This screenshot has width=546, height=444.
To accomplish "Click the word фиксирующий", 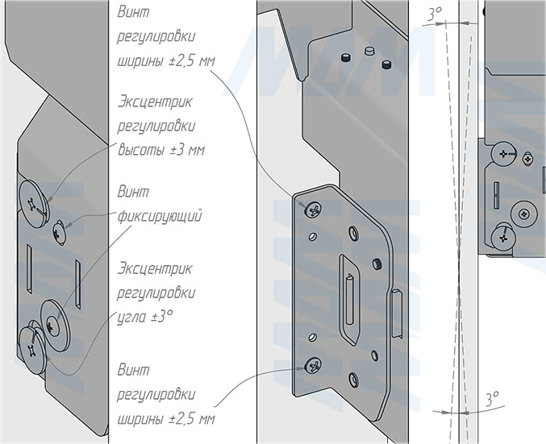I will point(159,218).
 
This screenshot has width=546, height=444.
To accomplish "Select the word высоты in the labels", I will point(138,151).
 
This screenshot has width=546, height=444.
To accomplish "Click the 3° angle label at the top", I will point(435,14).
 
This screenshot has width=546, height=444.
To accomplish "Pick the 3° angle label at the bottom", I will point(492,397).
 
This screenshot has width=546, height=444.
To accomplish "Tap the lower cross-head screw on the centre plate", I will point(311,367).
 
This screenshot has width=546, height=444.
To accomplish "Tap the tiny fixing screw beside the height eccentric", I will point(59,232).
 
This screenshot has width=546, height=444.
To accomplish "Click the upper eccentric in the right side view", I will point(504,153).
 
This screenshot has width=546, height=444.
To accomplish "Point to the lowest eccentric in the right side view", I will point(501,237).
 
